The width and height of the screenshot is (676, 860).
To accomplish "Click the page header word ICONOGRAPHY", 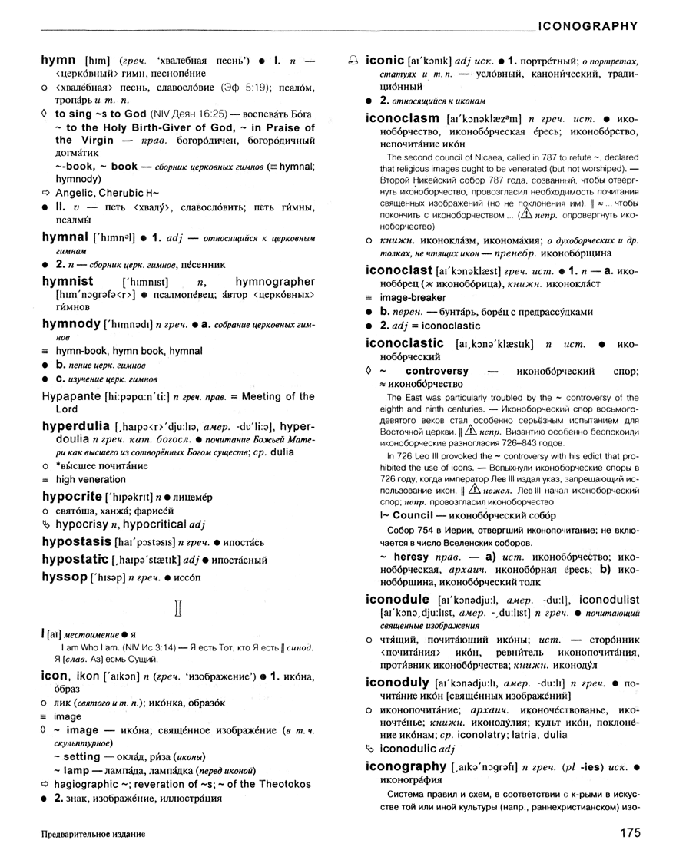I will pyautogui.click(x=587, y=25).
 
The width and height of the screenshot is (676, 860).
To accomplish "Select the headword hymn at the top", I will pyautogui.click(x=58, y=60).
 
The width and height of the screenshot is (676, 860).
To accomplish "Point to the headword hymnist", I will pyautogui.click(x=68, y=282).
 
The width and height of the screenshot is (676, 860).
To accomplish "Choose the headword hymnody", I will pyautogui.click(x=71, y=324).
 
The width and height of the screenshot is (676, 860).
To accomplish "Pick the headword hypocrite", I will pyautogui.click(x=73, y=497).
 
